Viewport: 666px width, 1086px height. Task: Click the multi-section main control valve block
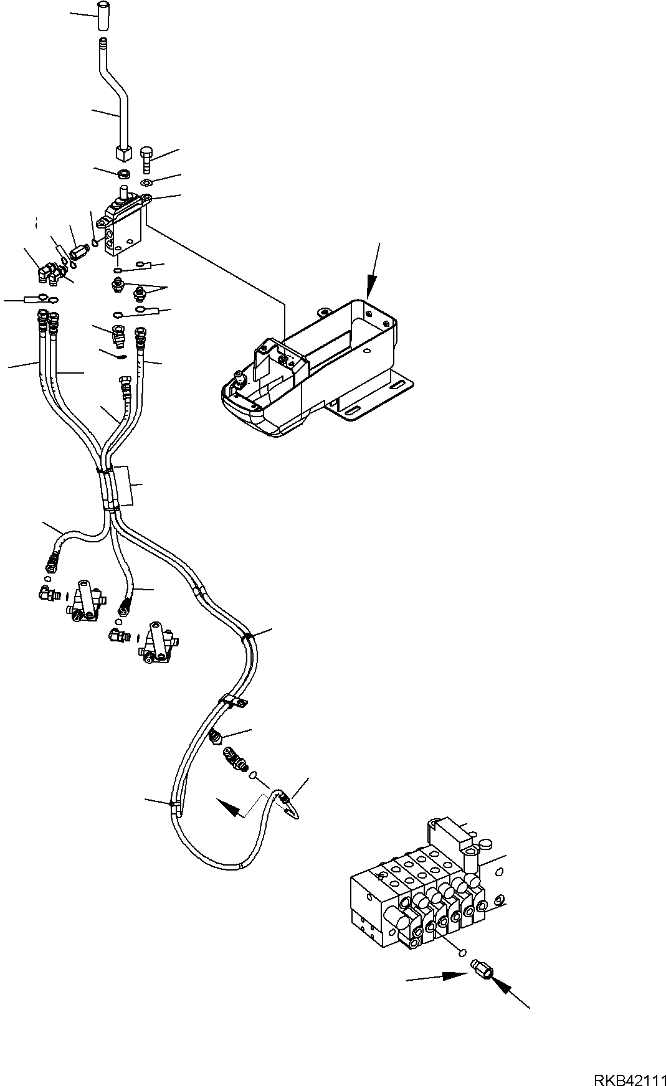coord(424,897)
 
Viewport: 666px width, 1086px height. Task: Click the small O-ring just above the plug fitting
coord(462,969)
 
